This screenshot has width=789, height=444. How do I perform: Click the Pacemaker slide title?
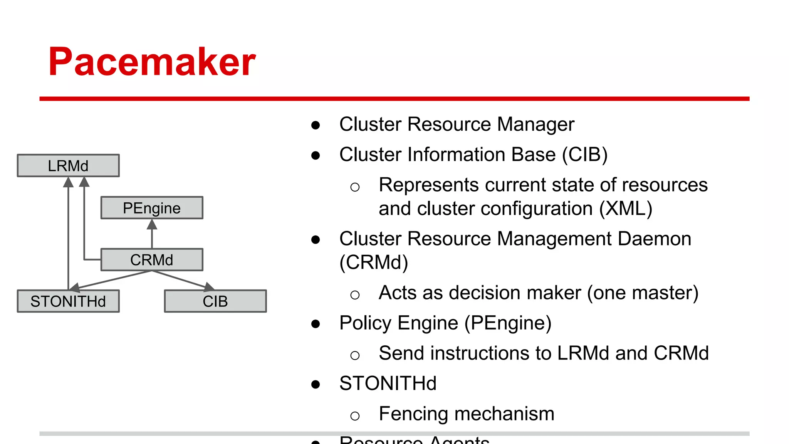(x=152, y=62)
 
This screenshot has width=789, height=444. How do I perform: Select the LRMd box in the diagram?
(x=68, y=166)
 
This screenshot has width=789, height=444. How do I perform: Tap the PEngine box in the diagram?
(x=152, y=208)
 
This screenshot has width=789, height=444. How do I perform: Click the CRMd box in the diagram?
(x=152, y=260)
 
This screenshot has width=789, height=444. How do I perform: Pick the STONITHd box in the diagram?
(x=68, y=301)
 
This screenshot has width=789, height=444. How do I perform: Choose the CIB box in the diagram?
(x=215, y=301)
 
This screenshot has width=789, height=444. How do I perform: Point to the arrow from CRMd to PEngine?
(x=152, y=234)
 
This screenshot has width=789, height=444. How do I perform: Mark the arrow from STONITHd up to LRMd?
(x=68, y=231)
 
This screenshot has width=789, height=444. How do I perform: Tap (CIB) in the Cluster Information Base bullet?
(x=584, y=155)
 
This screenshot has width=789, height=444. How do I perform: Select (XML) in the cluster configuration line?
(x=626, y=209)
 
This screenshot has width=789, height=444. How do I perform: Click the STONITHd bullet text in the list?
(x=388, y=384)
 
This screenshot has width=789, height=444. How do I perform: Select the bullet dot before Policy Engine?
(x=316, y=324)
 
